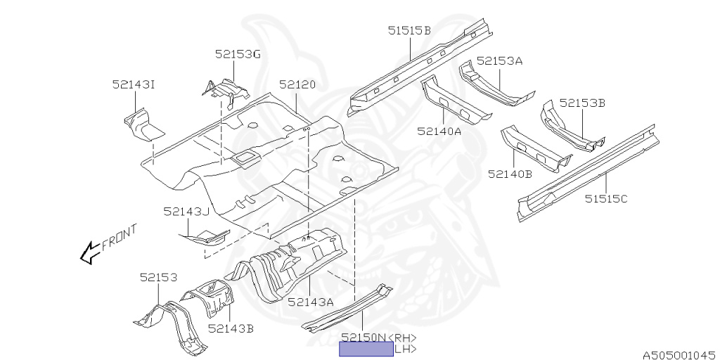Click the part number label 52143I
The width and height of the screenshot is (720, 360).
coord(133,84)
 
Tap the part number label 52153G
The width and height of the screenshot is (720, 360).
coord(238,54)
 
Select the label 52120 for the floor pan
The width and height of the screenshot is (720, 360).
coord(297,84)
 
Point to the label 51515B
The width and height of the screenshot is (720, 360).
coord(409,30)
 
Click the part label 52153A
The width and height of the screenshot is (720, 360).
coord(499,61)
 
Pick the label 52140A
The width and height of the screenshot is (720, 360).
coord(439,131)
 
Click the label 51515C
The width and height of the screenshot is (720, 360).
coord(606,198)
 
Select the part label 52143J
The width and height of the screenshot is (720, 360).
coord(187,211)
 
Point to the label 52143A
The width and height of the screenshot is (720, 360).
coord(310,302)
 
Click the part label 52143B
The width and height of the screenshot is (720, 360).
coord(231,328)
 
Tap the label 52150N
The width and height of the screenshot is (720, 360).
coord(364,337)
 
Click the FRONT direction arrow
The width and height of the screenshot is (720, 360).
coord(90,252)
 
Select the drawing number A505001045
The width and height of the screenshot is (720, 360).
coord(678,355)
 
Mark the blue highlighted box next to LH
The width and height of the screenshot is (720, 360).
coord(366,349)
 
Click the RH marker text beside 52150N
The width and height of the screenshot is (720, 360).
coord(403,337)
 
